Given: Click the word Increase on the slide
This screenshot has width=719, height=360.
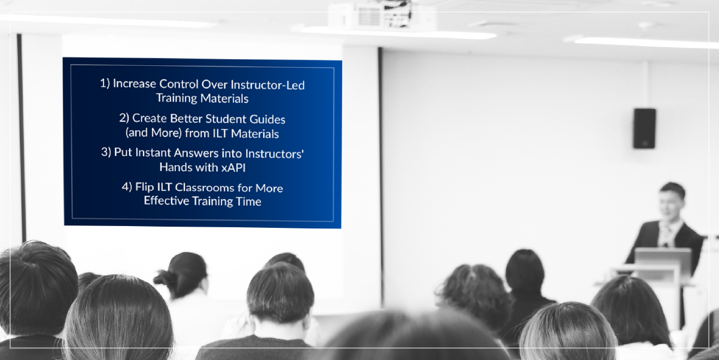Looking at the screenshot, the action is pos(135,84).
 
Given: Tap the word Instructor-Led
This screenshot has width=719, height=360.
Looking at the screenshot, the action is pos(268,85).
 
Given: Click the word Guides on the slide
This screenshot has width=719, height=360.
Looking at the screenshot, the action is pos(267,120).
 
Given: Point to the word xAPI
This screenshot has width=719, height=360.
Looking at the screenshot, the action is pos(233,167).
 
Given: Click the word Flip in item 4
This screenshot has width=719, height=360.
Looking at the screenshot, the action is pos(144,187).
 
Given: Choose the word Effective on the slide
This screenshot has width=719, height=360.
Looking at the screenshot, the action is pos(166,200).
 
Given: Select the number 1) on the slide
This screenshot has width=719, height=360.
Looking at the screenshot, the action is pos(105,83).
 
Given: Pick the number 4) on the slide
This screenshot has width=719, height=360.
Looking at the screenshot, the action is pos(127,187).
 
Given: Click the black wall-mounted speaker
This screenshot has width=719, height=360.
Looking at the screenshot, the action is pos(644,129).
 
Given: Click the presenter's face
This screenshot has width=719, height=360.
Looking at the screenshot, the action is pos(670,205).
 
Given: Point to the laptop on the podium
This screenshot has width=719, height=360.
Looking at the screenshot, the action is pos(663,260).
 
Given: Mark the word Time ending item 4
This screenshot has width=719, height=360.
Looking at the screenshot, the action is pos(248,202).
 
